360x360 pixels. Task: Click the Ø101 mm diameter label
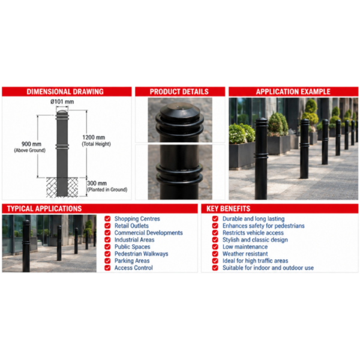(x=62, y=101)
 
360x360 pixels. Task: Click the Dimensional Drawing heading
(x=65, y=92)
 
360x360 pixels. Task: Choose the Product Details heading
(x=179, y=92)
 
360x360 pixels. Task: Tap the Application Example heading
(x=293, y=92)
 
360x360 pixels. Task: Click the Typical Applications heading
(x=44, y=208)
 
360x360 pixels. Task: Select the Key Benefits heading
(x=228, y=208)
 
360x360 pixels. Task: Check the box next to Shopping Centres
(x=107, y=218)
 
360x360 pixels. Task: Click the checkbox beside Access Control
(x=107, y=268)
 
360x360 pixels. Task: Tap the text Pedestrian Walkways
(x=141, y=254)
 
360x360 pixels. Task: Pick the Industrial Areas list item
(x=134, y=239)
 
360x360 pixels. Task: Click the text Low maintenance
(x=245, y=247)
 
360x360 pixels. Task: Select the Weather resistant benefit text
(x=245, y=254)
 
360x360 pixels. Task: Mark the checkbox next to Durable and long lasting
(x=215, y=218)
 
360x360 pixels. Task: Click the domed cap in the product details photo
(x=179, y=112)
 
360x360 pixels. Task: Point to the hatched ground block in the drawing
(x=62, y=187)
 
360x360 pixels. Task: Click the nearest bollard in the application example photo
(x=261, y=159)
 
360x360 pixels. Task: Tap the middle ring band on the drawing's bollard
(x=62, y=146)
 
